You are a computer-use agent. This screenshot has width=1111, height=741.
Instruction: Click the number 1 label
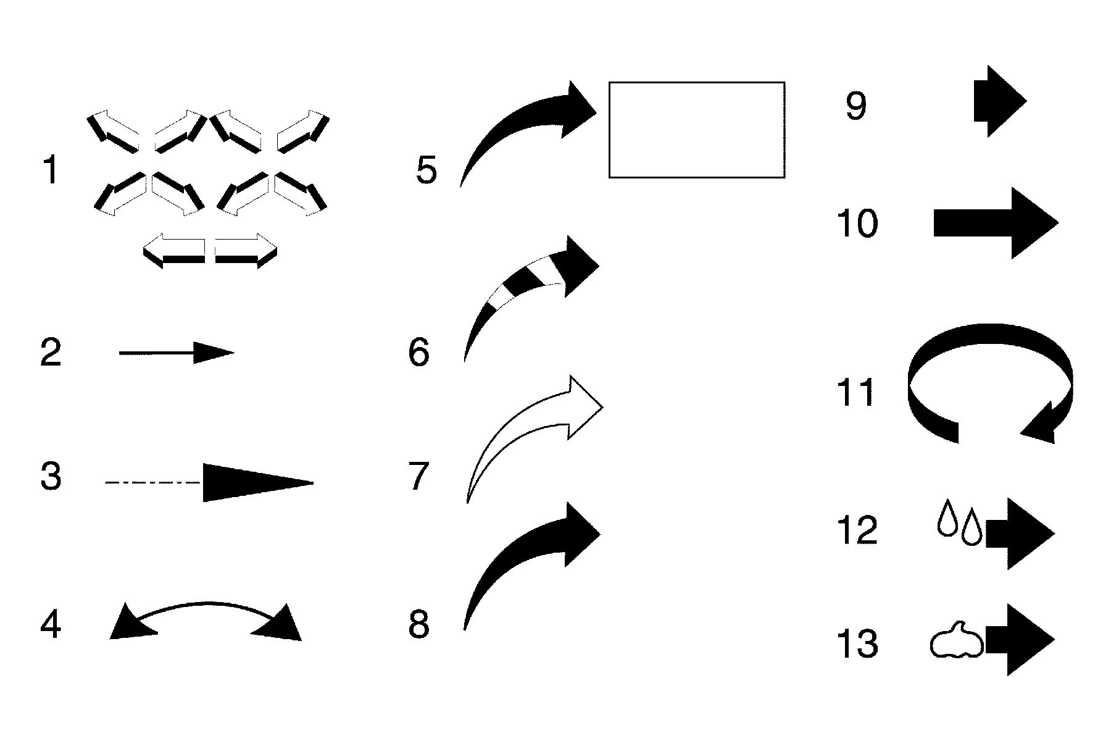(51, 170)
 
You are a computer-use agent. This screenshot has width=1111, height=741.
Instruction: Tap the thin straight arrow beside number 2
(176, 353)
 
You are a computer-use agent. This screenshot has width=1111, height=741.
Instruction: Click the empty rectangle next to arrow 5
(697, 130)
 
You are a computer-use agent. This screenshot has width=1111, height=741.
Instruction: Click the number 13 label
(857, 644)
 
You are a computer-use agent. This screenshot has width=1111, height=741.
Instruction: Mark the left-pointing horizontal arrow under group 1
(174, 251)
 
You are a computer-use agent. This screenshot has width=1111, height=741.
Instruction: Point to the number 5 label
(427, 170)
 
